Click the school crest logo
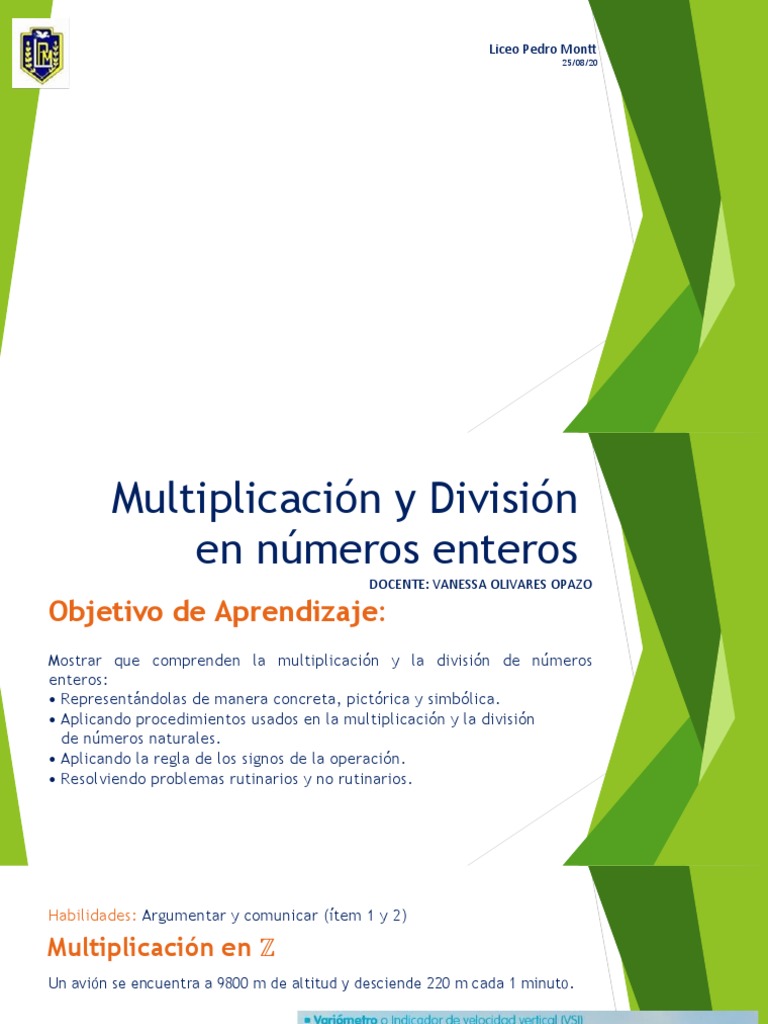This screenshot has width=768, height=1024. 41,55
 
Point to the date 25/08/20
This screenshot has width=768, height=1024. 580,63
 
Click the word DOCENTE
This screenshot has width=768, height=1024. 397,585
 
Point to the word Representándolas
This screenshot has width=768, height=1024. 123,698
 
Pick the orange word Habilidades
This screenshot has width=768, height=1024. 92,915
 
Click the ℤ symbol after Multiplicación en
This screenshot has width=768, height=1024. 267,947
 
